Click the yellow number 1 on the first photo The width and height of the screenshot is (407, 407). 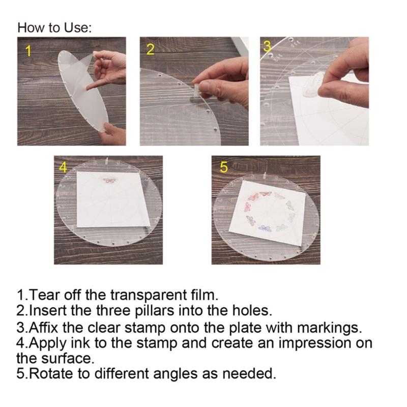28,51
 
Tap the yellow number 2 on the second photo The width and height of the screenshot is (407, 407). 150,49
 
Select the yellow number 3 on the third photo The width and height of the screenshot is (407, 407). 267,47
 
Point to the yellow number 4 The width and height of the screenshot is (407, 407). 63,167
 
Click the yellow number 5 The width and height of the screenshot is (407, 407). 224,167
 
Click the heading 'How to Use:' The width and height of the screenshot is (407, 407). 54,27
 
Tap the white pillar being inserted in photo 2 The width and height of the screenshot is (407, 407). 196,90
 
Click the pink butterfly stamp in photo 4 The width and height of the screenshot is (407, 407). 109,180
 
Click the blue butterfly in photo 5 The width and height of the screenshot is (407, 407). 265,228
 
